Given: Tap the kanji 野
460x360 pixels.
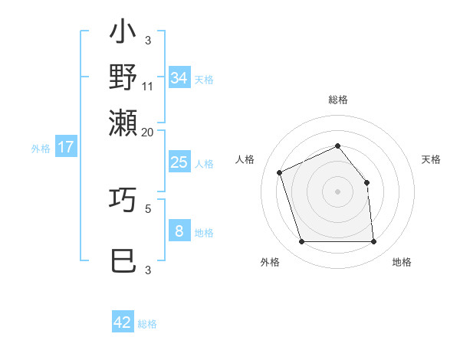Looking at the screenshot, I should [x=123, y=77].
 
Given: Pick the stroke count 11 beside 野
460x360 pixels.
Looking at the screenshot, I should [x=148, y=86].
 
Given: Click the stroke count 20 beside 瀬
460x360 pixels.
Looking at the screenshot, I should [x=148, y=131].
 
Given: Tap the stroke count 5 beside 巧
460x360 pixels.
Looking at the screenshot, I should [x=148, y=208].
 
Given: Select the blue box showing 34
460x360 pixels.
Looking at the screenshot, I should [x=179, y=78].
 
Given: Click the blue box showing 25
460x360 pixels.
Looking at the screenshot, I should [x=179, y=162].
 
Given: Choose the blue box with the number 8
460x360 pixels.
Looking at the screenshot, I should [x=179, y=231].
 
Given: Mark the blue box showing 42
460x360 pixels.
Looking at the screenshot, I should [x=123, y=322].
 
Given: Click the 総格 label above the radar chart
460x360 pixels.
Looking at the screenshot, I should [x=337, y=100].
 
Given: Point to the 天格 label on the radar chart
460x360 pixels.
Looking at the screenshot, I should [x=431, y=159].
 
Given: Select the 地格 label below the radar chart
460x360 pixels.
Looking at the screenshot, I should [x=402, y=262].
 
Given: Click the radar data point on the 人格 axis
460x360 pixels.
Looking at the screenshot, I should [x=280, y=172].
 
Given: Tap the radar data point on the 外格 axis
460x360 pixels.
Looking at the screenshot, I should [x=301, y=242].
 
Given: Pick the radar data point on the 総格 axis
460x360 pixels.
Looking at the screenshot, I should [x=337, y=146].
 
